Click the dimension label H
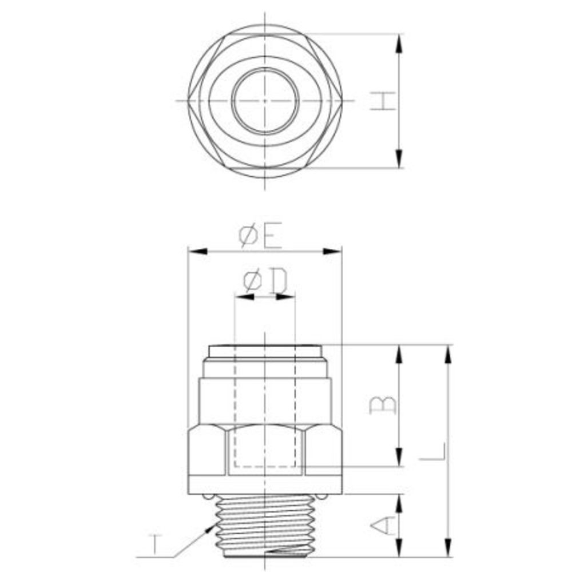[x=382, y=101]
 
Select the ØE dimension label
[x=261, y=236]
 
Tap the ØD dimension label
[x=265, y=281]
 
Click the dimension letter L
[x=432, y=451]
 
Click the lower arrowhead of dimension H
[x=399, y=160]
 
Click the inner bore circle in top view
[x=265, y=101]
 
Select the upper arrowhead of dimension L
[x=448, y=354]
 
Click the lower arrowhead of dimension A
[x=399, y=547]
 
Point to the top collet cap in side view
[x=265, y=350]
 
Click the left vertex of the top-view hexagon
[x=188, y=101]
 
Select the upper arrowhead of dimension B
[x=399, y=354]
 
